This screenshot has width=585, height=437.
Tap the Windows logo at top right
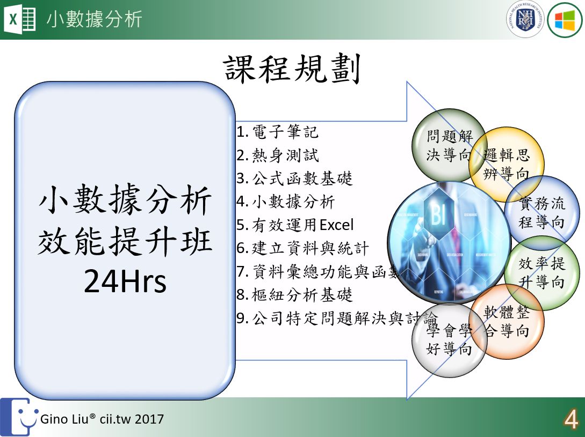point(565,20)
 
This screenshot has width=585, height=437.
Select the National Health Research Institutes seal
point(524,20)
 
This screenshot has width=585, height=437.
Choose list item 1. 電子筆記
point(278,132)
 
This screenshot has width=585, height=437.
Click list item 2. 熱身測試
point(278,155)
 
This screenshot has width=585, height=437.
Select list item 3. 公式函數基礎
point(294,179)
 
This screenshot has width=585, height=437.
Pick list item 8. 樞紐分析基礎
point(294,295)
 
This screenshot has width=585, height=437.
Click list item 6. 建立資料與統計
point(303,248)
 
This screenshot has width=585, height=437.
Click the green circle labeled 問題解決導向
point(448,145)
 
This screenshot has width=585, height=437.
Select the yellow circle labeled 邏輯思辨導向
point(507,164)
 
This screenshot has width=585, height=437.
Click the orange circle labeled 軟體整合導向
point(507,322)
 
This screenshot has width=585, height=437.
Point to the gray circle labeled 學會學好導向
point(449,340)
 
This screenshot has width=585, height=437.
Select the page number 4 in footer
point(570,420)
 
